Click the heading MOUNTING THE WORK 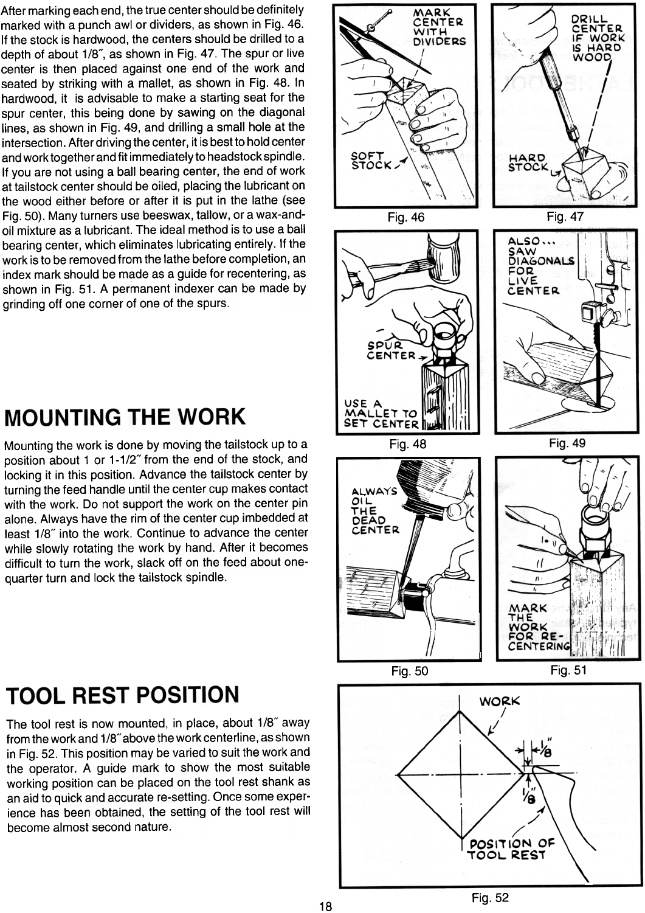[x=125, y=418]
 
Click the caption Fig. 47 [x=565, y=217]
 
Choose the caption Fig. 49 [x=567, y=443]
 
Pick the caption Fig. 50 [x=410, y=671]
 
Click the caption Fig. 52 [x=490, y=898]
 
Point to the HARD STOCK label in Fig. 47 [x=527, y=162]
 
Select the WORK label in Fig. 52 [x=500, y=701]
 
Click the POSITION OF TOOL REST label [x=512, y=849]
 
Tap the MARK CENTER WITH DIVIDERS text [x=439, y=27]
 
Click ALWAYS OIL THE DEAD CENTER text [x=374, y=510]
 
